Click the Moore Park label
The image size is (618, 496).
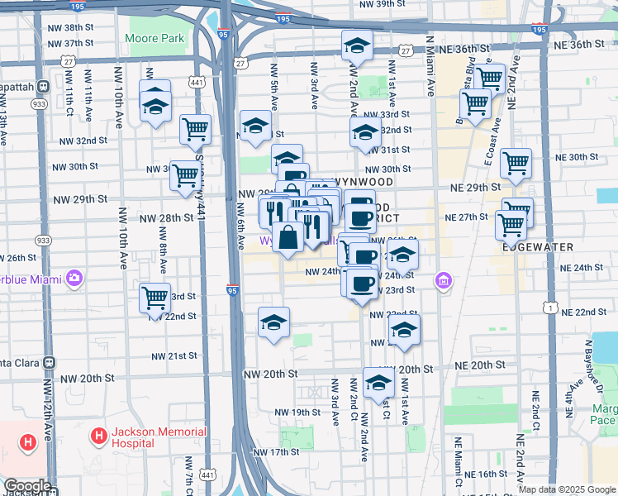point(154,39)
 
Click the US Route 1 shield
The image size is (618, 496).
point(549,308)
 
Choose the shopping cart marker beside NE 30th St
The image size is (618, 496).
point(516,163)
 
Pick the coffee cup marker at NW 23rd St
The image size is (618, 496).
point(361,284)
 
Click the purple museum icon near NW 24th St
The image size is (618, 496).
point(444,283)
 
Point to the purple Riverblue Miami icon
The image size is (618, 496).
point(74,278)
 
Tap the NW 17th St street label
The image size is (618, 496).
point(276,452)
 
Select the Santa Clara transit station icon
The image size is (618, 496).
point(49,362)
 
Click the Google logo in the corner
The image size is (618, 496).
point(27,486)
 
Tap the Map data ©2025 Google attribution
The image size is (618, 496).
point(567,489)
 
